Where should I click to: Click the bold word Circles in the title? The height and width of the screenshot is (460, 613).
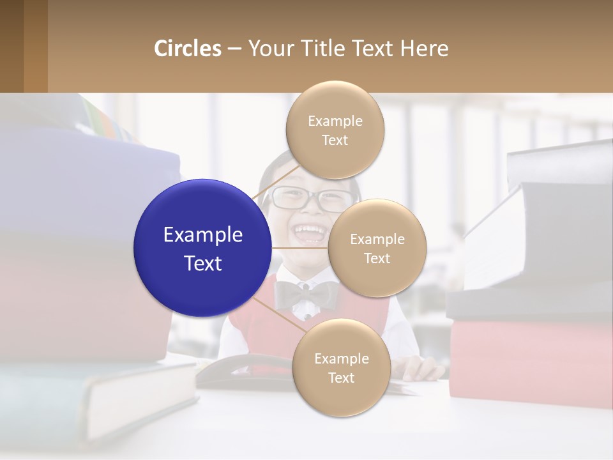tap(188, 49)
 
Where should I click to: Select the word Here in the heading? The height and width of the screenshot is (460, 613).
tap(424, 49)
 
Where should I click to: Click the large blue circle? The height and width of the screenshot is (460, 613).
tap(202, 248)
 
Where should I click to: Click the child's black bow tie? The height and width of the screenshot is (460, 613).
tap(306, 295)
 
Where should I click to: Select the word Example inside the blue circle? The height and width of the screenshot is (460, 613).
tap(203, 235)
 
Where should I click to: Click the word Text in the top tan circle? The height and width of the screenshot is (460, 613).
tap(335, 140)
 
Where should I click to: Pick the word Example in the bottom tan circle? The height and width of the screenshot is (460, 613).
tap(341, 359)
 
